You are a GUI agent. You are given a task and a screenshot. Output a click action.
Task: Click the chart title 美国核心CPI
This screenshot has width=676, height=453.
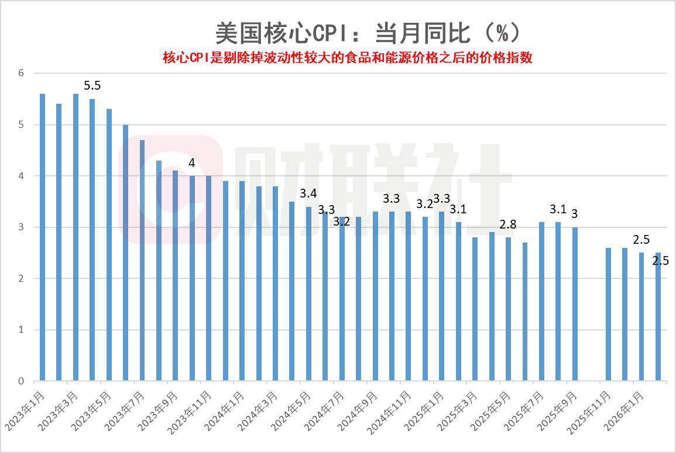pos(367,33)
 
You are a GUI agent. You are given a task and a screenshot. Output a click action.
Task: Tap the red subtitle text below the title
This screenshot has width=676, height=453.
pos(347,58)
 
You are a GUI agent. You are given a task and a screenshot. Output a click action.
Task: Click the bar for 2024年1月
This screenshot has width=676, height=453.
pos(242,281)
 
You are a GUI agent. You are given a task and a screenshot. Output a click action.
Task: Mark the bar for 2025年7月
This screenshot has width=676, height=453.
pos(541,301)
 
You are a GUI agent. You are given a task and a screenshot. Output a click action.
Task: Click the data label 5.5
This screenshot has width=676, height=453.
pos(92,86)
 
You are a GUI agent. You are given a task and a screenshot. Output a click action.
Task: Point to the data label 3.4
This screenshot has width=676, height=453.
pos(308,193)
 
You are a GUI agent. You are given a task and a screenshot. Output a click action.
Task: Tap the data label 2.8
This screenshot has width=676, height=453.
pos(508,224)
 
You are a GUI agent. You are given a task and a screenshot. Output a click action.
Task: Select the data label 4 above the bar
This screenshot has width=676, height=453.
pos(191,163)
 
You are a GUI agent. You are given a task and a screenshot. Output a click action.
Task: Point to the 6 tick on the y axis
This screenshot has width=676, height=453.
pos(21,73)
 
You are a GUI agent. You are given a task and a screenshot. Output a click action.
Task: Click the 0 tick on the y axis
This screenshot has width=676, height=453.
pos(21,381)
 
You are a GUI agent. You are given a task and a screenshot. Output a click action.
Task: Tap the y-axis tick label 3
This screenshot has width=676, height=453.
pos(21,227)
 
